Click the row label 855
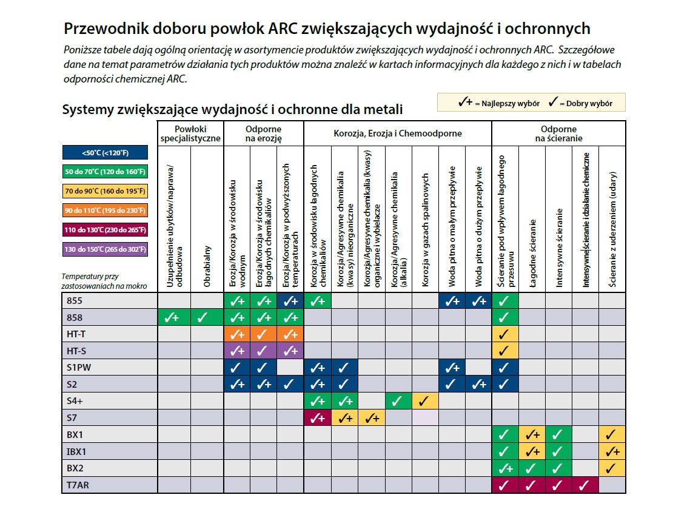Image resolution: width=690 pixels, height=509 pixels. (75, 300)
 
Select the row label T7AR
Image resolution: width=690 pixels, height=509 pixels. (77, 485)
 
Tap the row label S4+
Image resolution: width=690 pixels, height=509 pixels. (76, 400)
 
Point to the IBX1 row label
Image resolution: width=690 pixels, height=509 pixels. (78, 451)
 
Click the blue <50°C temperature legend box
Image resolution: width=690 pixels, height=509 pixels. (104, 153)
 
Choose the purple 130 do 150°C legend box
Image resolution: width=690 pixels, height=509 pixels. (104, 249)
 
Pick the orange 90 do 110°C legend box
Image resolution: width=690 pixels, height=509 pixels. (104, 211)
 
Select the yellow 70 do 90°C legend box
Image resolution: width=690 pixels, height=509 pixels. (104, 191)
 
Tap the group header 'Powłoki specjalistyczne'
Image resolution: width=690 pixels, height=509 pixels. (190, 133)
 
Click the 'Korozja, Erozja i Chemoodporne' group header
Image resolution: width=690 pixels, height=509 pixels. (397, 133)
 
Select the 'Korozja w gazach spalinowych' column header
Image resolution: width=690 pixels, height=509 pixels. (426, 231)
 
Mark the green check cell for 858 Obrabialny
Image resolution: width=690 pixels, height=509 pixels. (204, 317)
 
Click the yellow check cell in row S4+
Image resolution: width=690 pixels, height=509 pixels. (425, 400)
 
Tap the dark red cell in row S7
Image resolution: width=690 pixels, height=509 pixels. (317, 417)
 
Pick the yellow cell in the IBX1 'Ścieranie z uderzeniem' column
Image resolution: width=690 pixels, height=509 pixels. (612, 451)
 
